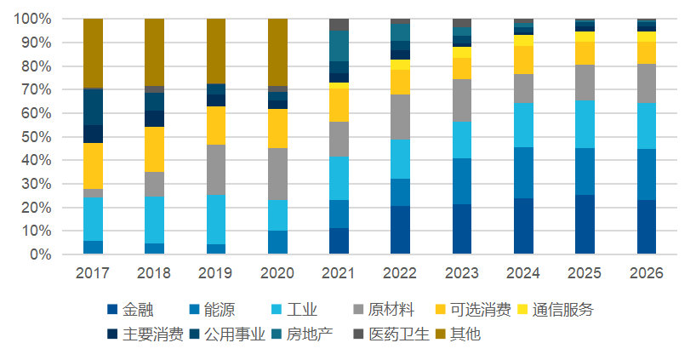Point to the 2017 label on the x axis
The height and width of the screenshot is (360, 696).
point(93,273)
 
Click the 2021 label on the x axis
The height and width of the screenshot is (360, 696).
point(339,273)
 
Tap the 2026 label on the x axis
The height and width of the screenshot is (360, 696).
point(647,273)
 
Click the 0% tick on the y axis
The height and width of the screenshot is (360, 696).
point(40,254)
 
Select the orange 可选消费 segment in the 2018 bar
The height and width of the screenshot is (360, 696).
point(154,150)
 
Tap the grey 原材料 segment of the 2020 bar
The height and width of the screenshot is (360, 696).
point(277,174)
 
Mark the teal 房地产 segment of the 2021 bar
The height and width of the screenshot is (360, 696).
point(339,46)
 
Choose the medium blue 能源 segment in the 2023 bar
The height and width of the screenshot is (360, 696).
point(462,181)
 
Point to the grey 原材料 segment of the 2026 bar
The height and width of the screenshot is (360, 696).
point(647,83)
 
